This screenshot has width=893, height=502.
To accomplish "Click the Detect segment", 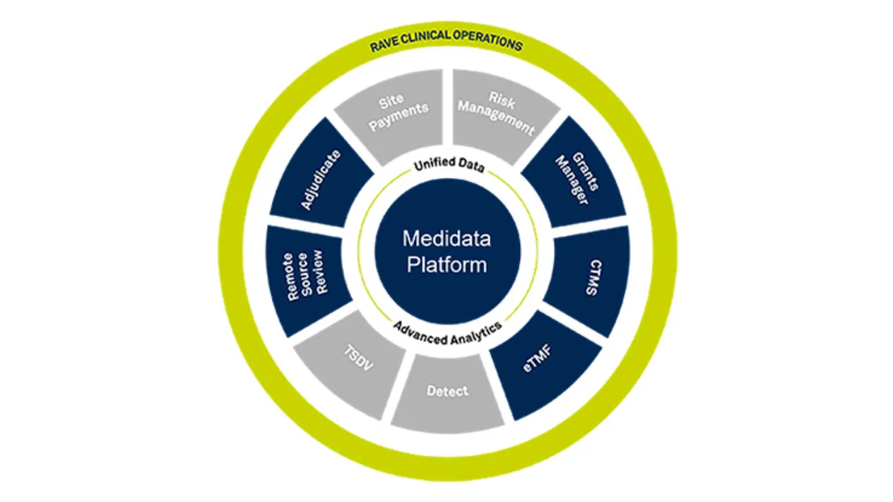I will pos(447,390).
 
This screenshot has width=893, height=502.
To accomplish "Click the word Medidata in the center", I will pos(446,238).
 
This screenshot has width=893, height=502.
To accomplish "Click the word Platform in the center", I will pos(446,264).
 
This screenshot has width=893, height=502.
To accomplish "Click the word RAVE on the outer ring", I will pos(384,47).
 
